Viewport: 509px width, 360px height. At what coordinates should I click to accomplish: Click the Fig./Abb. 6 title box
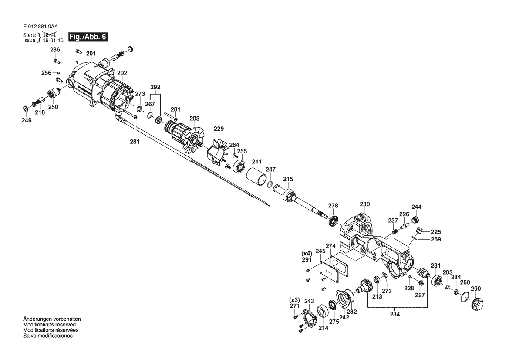coord(88,37)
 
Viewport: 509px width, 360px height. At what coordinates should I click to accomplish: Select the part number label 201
coord(91,54)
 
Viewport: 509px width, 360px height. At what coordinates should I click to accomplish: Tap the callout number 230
coord(364,204)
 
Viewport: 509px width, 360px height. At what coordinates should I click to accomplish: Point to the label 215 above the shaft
coord(288,179)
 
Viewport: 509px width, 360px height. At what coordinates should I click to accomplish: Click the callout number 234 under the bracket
coord(395,314)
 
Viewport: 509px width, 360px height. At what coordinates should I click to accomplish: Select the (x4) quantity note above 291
coord(307,253)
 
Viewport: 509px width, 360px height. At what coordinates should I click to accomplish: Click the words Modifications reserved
coord(49,325)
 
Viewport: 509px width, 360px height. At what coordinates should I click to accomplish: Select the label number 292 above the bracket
coord(155,87)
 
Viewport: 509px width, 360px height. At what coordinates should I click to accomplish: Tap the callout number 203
coord(195,119)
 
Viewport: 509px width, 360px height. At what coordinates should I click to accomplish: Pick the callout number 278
coord(333,205)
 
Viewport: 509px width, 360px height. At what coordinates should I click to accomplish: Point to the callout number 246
coord(27,120)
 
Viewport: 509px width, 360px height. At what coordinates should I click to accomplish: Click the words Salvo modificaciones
coord(48,336)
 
